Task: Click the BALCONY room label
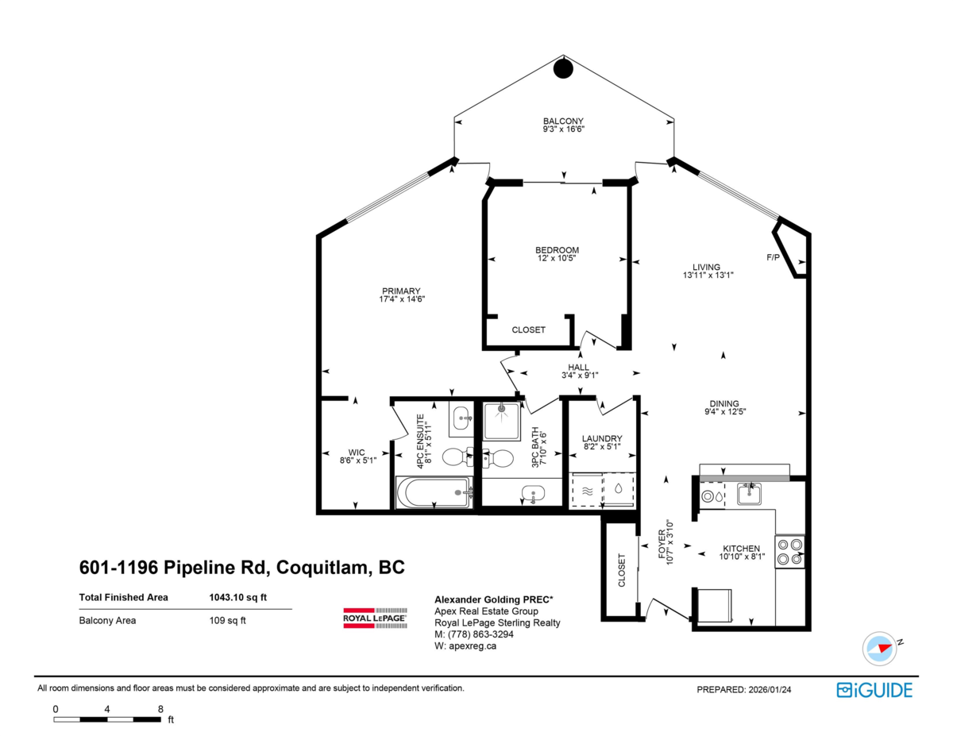pos(563,121)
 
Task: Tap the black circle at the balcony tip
pos(563,69)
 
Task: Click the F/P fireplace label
pos(773,258)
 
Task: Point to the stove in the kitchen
pos(789,552)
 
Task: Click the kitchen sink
pos(749,495)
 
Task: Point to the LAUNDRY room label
pos(601,439)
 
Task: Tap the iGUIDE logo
pos(874,690)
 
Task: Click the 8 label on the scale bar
pos(160,709)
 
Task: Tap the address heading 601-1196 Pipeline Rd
pos(241,568)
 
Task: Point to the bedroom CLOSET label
pos(528,329)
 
